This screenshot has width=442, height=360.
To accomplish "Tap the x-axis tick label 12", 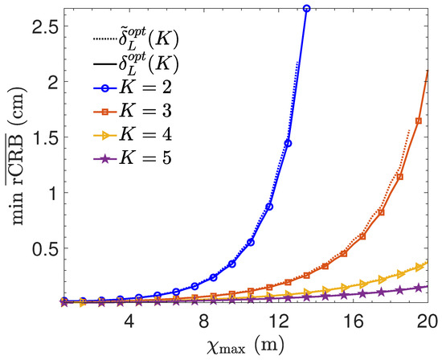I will click(x=278, y=320).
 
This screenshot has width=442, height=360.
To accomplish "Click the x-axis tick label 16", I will click(x=352, y=320).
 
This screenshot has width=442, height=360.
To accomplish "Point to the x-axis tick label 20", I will click(x=427, y=320).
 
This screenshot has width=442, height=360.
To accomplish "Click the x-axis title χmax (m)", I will click(x=240, y=343).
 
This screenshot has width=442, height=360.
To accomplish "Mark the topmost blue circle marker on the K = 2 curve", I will click(x=306, y=8).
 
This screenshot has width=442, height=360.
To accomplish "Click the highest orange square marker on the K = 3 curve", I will click(x=418, y=121).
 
